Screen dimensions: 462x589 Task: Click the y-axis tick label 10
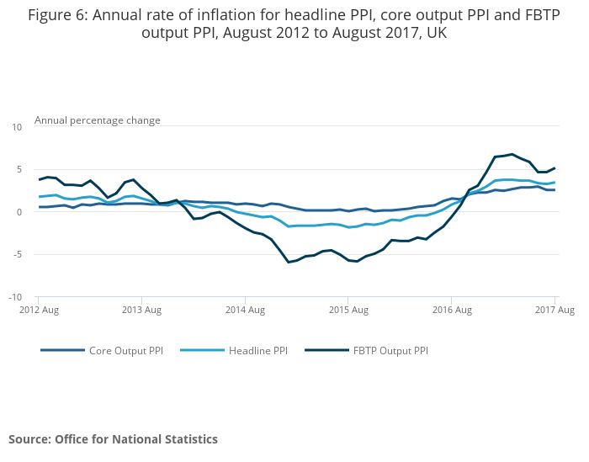(x=17, y=127)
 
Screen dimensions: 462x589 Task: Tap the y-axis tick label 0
(x=19, y=212)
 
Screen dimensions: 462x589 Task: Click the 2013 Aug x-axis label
(x=141, y=311)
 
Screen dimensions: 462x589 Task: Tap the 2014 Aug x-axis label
(x=245, y=311)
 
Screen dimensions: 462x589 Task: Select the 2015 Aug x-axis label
(x=348, y=311)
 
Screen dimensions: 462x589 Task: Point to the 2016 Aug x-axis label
(x=452, y=311)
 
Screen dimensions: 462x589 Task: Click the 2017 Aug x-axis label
(x=555, y=311)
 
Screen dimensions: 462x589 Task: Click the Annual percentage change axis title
(x=97, y=120)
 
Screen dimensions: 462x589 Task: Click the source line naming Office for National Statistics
(x=113, y=439)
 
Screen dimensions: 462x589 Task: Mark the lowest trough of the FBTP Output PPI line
(x=288, y=262)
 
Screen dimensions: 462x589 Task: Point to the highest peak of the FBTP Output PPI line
(x=512, y=154)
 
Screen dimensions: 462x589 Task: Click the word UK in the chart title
(x=436, y=34)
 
